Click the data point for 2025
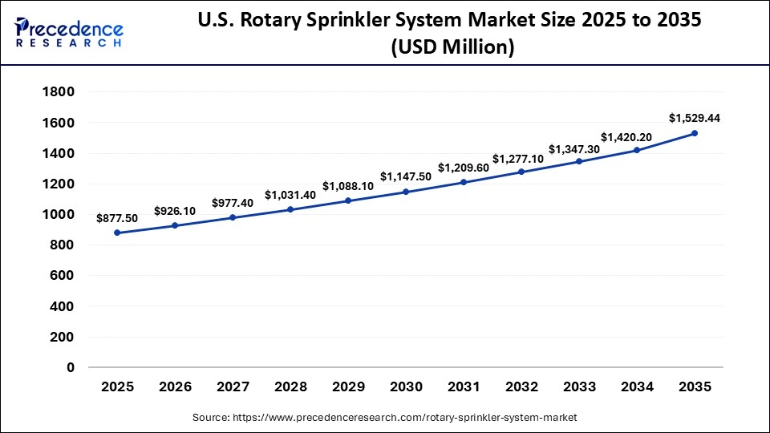coord(117,233)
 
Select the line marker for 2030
coord(406,192)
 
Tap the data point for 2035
coord(695,133)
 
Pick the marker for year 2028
coord(290,209)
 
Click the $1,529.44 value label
coord(695,118)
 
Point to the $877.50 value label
coord(117,217)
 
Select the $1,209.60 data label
coord(464,168)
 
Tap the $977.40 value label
coord(233,203)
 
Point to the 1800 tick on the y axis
coord(58,92)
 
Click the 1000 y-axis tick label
coord(58,215)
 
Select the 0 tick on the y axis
coord(70,368)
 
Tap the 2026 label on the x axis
coord(175,387)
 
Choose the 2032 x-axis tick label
coord(521,387)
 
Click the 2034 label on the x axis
coord(637,387)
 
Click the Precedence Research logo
coord(69,33)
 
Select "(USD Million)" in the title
coord(452,47)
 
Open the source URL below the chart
coord(385,418)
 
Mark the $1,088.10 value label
coord(348,186)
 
